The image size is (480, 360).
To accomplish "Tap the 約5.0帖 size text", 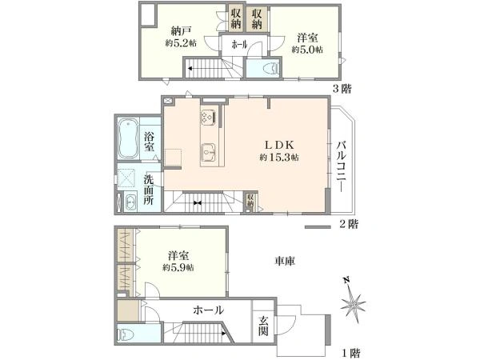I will (306, 50).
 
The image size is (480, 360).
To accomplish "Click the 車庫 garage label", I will (286, 261).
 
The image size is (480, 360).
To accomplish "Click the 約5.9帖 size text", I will (178, 268).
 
